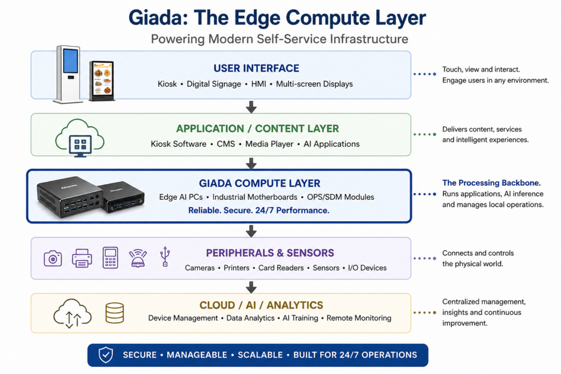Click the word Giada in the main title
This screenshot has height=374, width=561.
click(x=158, y=18)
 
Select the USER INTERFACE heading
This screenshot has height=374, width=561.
click(x=256, y=68)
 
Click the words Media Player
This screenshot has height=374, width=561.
click(x=269, y=144)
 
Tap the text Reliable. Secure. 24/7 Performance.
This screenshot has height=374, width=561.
click(x=259, y=210)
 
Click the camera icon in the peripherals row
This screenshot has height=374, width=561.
click(x=53, y=258)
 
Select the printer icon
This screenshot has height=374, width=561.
click(x=82, y=258)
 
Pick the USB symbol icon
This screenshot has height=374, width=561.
click(x=165, y=257)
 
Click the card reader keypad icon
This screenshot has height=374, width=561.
click(x=110, y=257)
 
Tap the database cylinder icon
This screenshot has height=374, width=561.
click(x=115, y=313)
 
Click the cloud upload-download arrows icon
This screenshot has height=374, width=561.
click(x=72, y=314)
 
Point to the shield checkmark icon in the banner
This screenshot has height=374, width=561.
click(x=105, y=355)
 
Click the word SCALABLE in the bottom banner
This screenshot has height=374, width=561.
click(x=261, y=355)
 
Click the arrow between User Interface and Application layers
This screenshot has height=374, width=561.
click(x=251, y=106)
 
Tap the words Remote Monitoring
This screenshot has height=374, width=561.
click(x=359, y=318)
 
